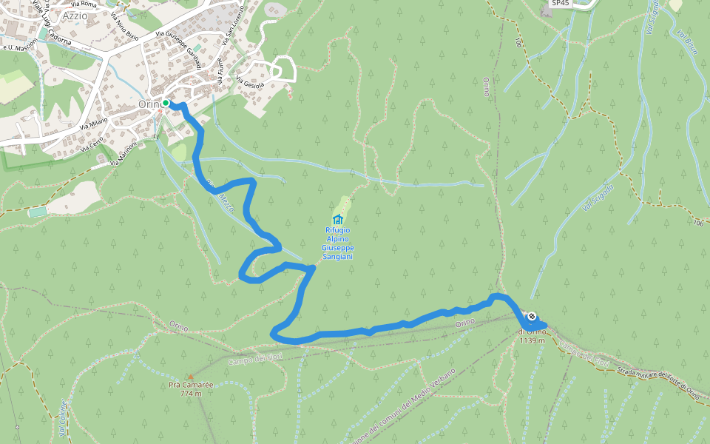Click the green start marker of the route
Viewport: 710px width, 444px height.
(x=166, y=103)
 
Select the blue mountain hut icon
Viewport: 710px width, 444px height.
(x=338, y=219)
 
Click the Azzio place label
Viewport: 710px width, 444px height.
(x=75, y=15)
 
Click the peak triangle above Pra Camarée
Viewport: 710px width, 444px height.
(x=190, y=376)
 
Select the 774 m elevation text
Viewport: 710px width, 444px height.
(x=190, y=393)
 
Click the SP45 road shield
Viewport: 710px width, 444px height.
(x=562, y=4)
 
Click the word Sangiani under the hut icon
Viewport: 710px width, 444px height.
(x=337, y=256)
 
